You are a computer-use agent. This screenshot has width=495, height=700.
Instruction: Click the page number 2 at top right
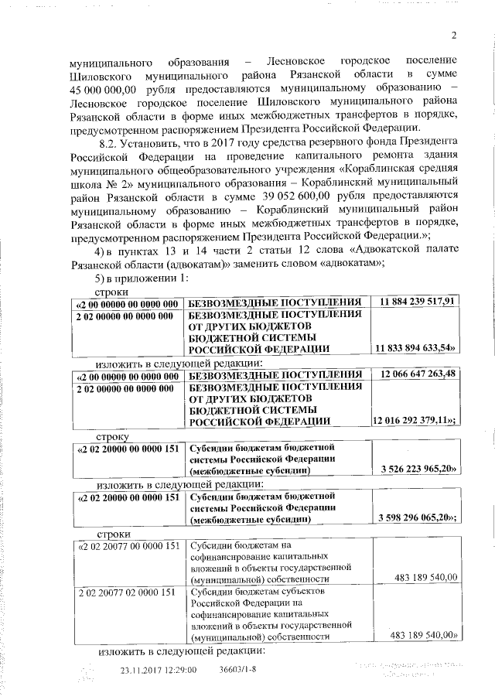tap(454, 34)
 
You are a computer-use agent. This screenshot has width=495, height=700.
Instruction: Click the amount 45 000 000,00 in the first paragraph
tap(101, 90)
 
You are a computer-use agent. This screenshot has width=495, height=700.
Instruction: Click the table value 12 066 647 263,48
tap(416, 375)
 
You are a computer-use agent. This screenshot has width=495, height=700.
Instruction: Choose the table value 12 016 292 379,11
tap(415, 422)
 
